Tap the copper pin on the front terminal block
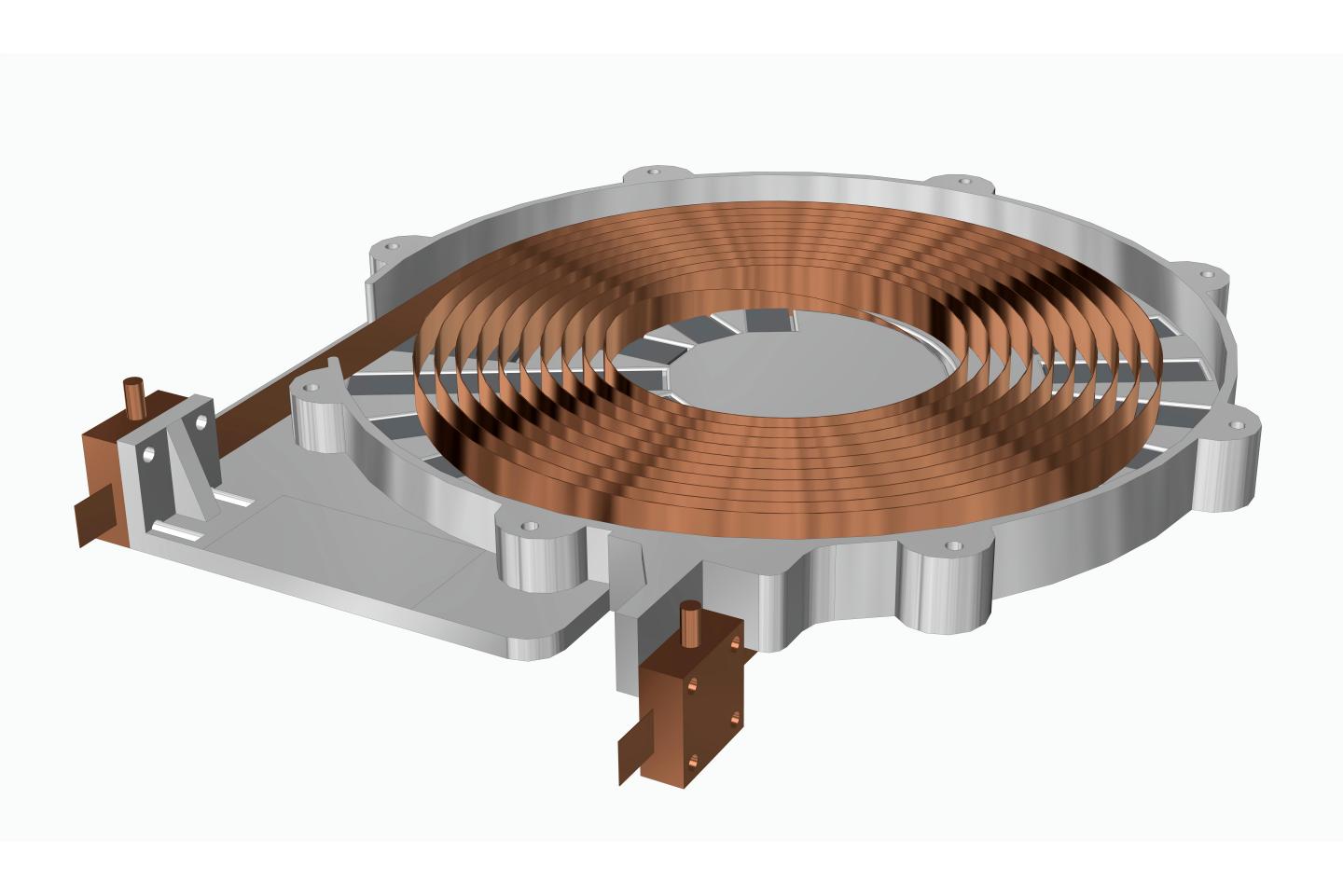(x=692, y=622)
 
